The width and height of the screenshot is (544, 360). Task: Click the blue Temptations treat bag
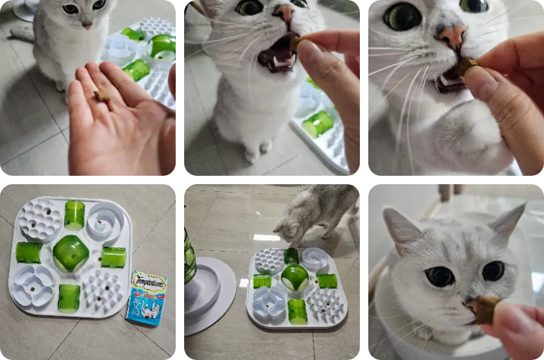pos(146,298)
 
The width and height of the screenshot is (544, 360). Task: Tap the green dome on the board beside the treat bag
pos(70,253)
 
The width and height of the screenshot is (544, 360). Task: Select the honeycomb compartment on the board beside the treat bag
pos(39,219)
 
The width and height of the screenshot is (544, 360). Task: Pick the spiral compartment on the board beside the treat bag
pos(105,223)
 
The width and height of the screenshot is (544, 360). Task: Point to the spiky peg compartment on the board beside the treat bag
pos(103,289)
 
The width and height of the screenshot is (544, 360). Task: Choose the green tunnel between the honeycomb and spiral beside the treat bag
pos(74,214)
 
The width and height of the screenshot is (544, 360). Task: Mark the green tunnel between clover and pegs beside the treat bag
pos(69,298)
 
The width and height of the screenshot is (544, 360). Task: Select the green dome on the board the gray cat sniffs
pos(295,277)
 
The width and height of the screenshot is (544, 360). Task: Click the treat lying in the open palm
pos(101,96)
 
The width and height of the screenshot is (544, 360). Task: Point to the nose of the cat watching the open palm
pos(86,25)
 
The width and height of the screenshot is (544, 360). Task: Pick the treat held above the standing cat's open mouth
pos(295,43)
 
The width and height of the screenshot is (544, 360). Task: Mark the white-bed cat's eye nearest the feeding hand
pos(493,271)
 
